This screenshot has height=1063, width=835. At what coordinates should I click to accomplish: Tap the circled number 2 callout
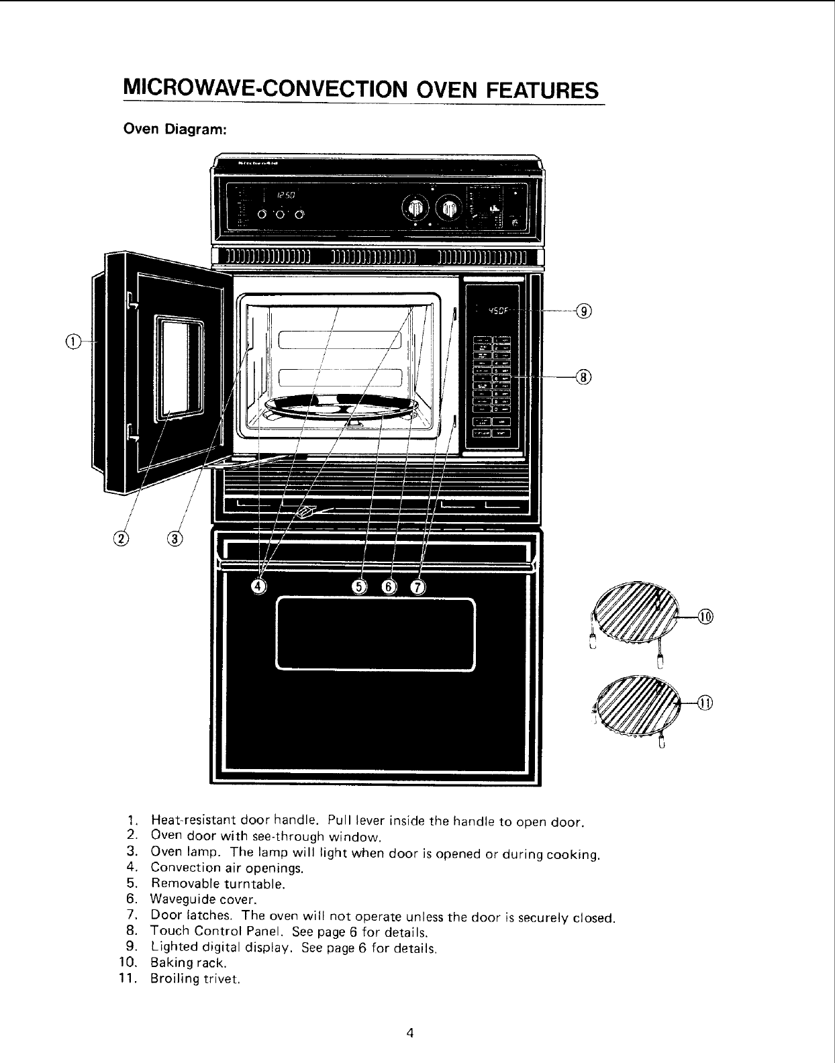tap(121, 538)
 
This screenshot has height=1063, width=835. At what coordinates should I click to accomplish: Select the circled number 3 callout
tap(174, 538)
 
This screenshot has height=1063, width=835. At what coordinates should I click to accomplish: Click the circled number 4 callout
tap(258, 587)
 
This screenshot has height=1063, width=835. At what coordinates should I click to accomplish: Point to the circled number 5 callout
tap(360, 587)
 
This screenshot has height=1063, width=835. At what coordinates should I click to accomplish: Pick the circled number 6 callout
tap(389, 587)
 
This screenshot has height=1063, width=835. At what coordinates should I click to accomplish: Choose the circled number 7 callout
tap(417, 587)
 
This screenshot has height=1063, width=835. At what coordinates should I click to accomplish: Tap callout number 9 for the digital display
tap(585, 311)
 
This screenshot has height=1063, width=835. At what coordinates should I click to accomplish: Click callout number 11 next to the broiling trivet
tap(705, 702)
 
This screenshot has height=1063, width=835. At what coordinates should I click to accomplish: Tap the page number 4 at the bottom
tap(409, 1033)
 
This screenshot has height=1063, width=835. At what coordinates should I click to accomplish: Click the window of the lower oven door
tap(375, 634)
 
